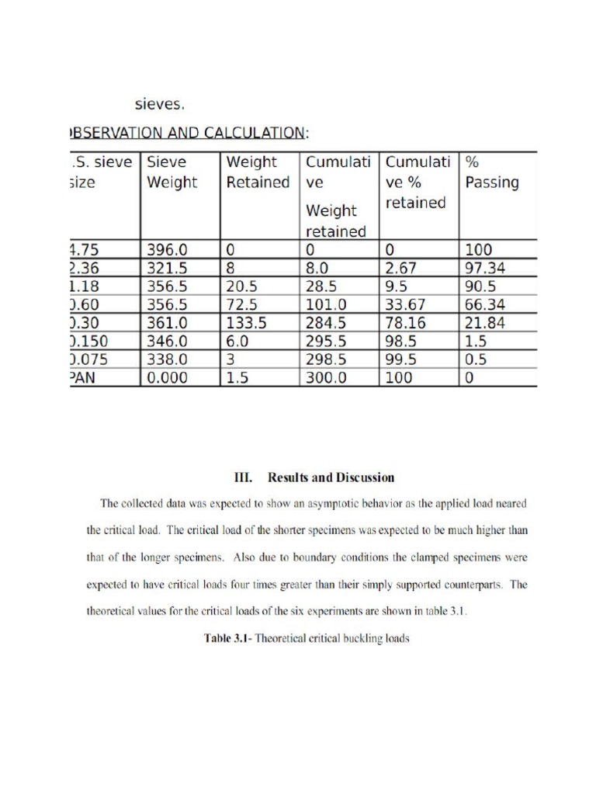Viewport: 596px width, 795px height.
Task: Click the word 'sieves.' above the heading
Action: coord(160,103)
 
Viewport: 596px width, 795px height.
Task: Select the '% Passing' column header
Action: coord(491,173)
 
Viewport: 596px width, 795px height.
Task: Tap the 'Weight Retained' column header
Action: coord(258,173)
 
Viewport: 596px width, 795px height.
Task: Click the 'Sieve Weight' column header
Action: coord(172,173)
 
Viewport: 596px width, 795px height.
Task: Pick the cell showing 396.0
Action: coord(168,250)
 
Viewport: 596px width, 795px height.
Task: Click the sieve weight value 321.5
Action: coord(168,268)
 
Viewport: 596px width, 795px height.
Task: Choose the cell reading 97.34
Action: coord(485,268)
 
